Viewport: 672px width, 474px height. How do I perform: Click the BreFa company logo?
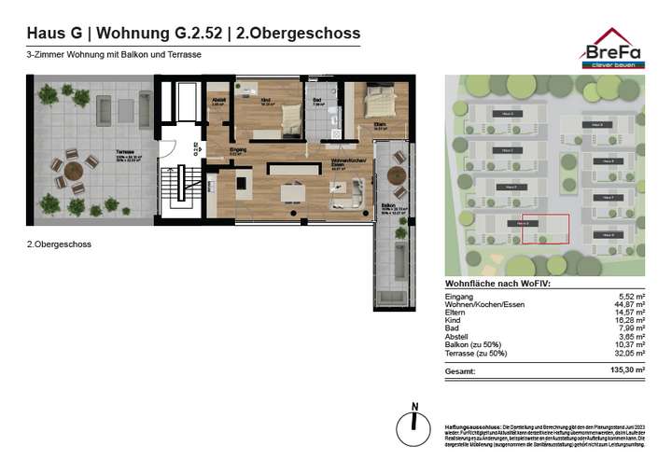tap(611, 48)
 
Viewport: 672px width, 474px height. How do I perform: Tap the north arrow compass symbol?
tap(415, 422)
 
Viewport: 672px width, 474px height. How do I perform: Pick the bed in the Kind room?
tap(288, 118)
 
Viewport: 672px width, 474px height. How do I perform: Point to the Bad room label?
tap(317, 100)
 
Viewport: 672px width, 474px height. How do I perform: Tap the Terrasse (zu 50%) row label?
tap(476, 354)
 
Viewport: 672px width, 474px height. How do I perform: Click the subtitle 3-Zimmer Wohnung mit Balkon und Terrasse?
tap(115, 55)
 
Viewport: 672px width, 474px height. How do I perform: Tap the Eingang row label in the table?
tap(460, 297)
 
